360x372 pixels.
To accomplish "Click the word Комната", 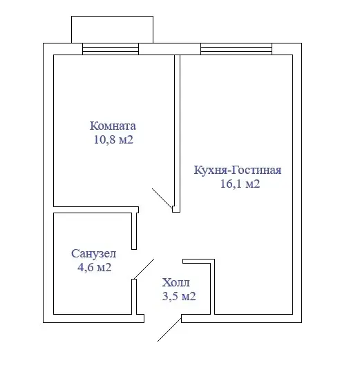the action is pyautogui.click(x=113, y=126).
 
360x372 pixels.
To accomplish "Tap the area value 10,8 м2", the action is pyautogui.click(x=113, y=139).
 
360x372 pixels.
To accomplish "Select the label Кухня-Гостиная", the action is pyautogui.click(x=238, y=170).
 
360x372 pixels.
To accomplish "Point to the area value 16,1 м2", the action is pyautogui.click(x=240, y=184).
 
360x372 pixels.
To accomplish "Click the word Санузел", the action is pyautogui.click(x=93, y=253).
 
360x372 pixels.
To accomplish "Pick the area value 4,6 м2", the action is pyautogui.click(x=94, y=267).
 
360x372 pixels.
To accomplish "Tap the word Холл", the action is pyautogui.click(x=176, y=282).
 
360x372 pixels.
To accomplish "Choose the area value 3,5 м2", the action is pyautogui.click(x=179, y=296).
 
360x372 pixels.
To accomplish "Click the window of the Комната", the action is pyautogui.click(x=111, y=49).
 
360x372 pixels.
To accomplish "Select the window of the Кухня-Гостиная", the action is pyautogui.click(x=236, y=49).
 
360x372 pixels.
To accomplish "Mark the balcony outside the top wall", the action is pyautogui.click(x=113, y=30).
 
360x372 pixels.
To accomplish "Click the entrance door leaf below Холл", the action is pyautogui.click(x=169, y=330).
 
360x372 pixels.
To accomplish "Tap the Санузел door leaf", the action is pyautogui.click(x=144, y=269).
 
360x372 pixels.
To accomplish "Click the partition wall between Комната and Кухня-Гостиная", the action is pyautogui.click(x=178, y=133).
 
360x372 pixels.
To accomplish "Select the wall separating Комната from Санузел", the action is pyautogui.click(x=96, y=210).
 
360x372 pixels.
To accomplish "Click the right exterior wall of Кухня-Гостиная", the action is pyautogui.click(x=297, y=183).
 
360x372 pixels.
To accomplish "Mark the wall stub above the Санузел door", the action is pyautogui.click(x=134, y=231).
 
